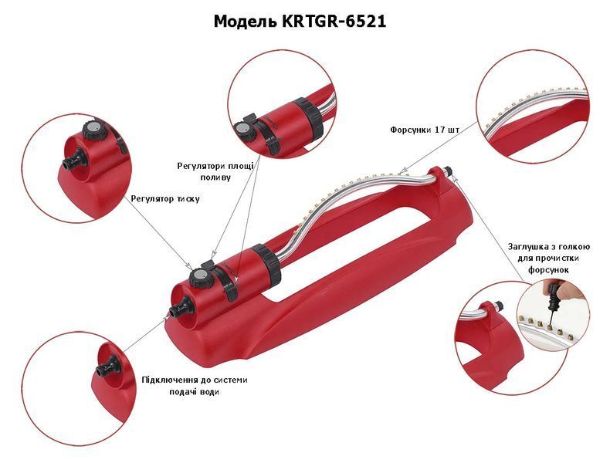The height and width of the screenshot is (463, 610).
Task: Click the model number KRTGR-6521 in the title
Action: click(x=331, y=22)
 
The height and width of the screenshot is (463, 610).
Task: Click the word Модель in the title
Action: click(x=242, y=22)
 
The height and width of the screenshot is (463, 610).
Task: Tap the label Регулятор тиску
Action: click(x=165, y=199)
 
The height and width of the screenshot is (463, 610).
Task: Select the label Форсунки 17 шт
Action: click(x=425, y=130)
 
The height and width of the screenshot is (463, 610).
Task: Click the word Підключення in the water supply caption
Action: click(x=168, y=380)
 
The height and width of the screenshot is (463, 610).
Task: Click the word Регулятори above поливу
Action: click(x=200, y=167)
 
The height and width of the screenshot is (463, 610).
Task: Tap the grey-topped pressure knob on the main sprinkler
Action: click(x=200, y=277)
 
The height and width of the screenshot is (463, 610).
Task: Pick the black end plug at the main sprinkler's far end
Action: click(x=448, y=171)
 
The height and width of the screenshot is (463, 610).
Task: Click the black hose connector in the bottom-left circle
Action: click(x=107, y=368)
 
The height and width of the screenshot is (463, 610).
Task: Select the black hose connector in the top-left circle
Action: click(x=75, y=158)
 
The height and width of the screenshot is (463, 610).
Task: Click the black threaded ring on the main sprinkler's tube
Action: click(x=266, y=263)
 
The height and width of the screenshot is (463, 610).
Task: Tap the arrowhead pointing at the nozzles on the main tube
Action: click(x=402, y=170)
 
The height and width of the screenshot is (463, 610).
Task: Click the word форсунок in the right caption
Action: click(x=548, y=270)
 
